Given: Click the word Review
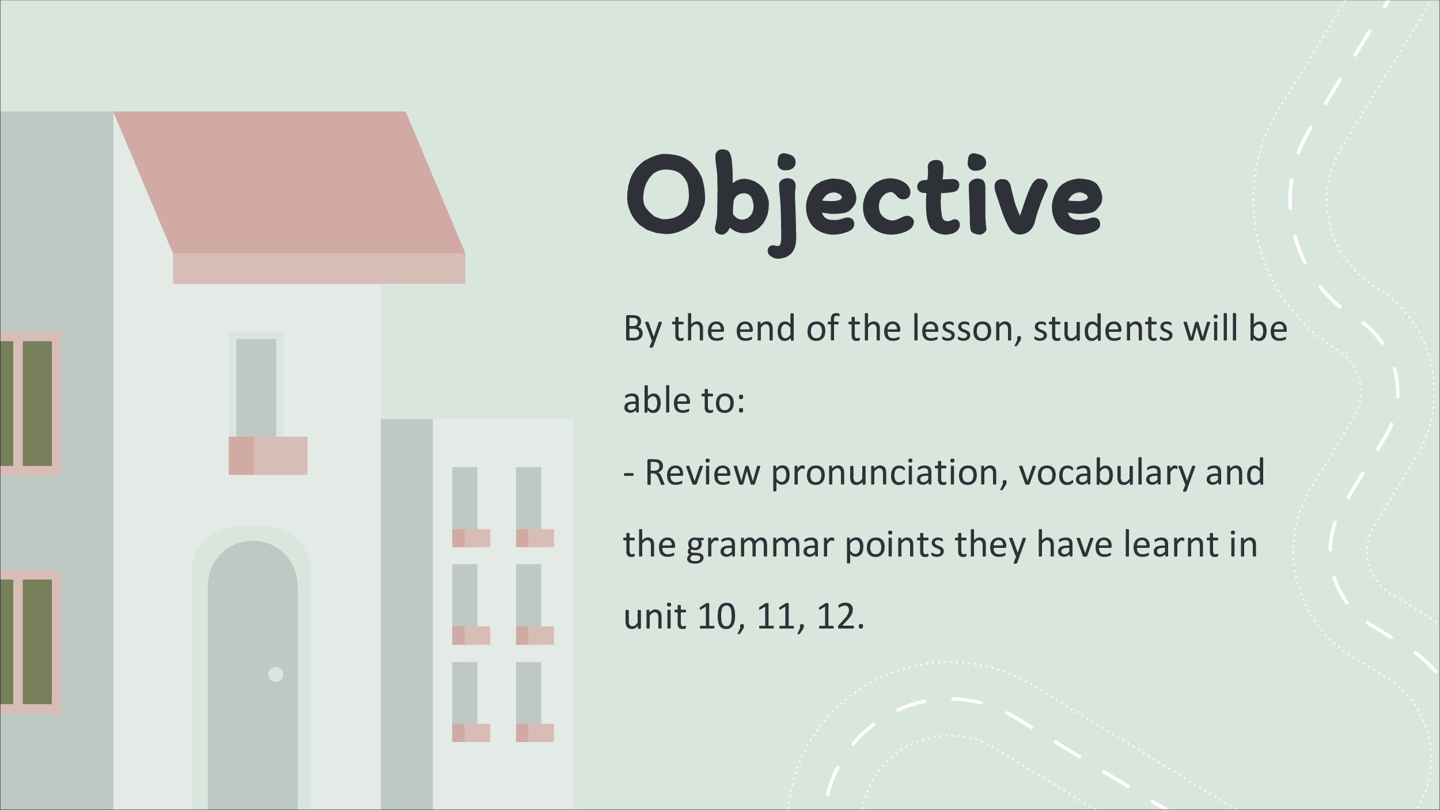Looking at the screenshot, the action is click(702, 473).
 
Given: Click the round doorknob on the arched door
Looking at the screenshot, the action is click(276, 674).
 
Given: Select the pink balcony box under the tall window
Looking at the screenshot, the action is click(268, 456).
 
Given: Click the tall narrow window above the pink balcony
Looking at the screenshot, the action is click(256, 388).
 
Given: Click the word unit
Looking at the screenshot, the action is click(655, 617).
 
